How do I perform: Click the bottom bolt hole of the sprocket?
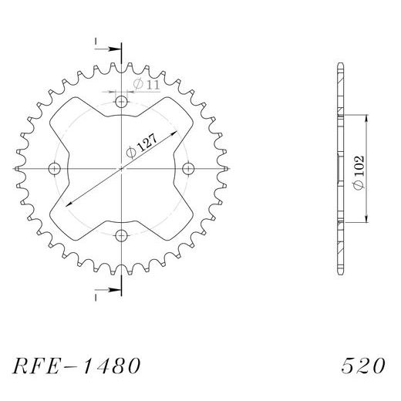coord(121,234)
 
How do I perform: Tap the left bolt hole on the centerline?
coord(54,168)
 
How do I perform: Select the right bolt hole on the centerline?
coord(187,168)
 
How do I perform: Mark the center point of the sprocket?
coord(121,168)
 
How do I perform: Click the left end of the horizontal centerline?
coord(15,168)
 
